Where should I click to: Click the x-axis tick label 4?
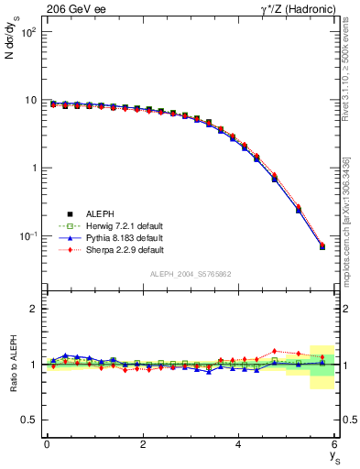pos(239,445)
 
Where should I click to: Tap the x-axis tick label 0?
pos(47,445)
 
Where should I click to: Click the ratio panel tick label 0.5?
pos(29,420)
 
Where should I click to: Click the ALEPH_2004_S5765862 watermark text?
pos(191,274)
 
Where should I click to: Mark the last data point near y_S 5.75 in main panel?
pos(322,246)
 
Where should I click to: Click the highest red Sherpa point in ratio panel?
pos(275,351)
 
